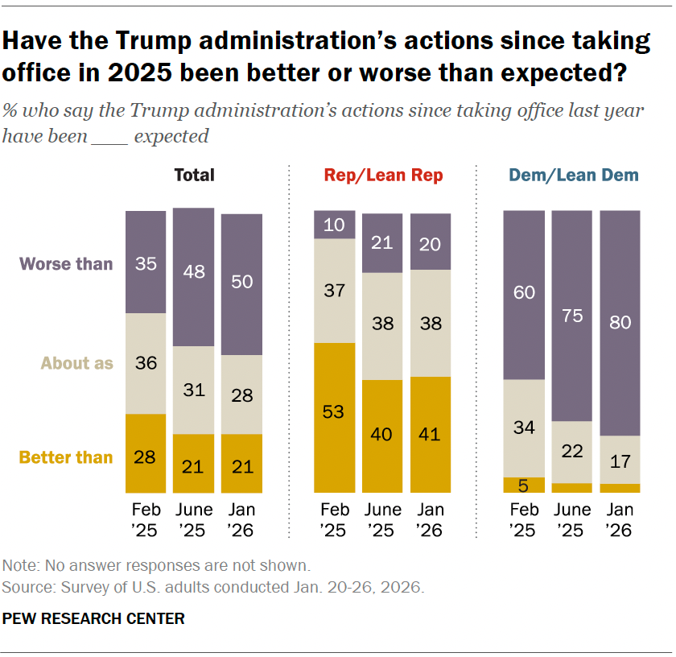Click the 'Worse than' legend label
(66, 263)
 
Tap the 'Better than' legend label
(66, 457)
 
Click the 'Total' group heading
(194, 175)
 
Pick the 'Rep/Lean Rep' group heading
(383, 175)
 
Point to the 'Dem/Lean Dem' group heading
(573, 175)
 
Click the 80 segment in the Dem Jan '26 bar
(620, 322)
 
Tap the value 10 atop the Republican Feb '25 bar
(334, 225)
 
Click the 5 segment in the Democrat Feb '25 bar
(524, 485)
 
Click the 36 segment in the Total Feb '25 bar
(146, 363)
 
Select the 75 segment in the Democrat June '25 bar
(572, 315)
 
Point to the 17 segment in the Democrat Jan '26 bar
(620, 459)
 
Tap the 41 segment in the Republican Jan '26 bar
(430, 434)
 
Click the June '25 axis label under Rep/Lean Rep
(382, 520)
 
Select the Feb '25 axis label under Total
(146, 520)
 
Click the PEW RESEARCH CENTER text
(94, 618)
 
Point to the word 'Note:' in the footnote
(20, 565)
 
